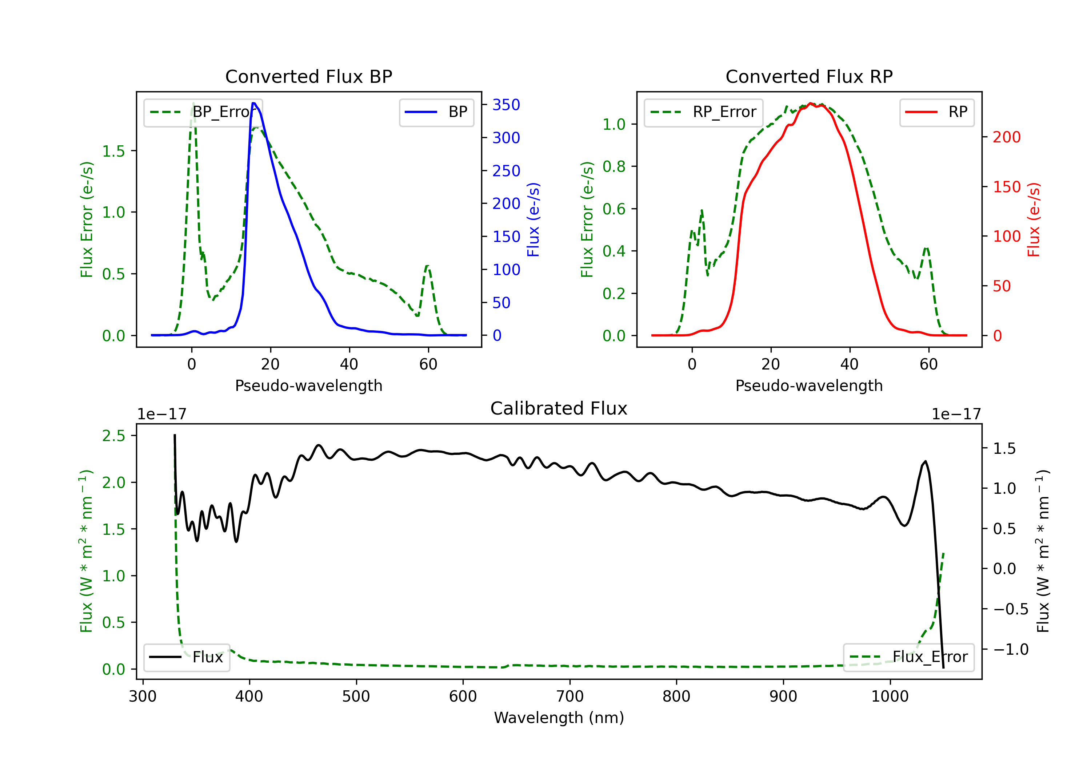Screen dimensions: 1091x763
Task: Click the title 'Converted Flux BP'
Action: [309, 76]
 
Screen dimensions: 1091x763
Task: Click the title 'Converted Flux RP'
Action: [809, 76]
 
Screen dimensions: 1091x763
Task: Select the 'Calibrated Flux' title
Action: [559, 408]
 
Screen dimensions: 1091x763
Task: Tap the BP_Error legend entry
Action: [203, 112]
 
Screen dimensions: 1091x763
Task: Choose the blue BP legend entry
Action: [436, 112]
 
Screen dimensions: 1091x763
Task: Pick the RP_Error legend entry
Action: [703, 112]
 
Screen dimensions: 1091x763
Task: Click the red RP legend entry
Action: [936, 112]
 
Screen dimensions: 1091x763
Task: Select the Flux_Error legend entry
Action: [908, 657]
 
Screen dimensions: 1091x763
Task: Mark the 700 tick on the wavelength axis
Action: [570, 697]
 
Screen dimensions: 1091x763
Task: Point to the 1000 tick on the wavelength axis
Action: [890, 697]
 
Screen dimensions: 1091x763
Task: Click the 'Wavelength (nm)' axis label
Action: [559, 718]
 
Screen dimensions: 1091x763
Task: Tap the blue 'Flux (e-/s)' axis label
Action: [533, 220]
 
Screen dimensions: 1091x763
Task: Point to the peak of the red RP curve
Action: [810, 103]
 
